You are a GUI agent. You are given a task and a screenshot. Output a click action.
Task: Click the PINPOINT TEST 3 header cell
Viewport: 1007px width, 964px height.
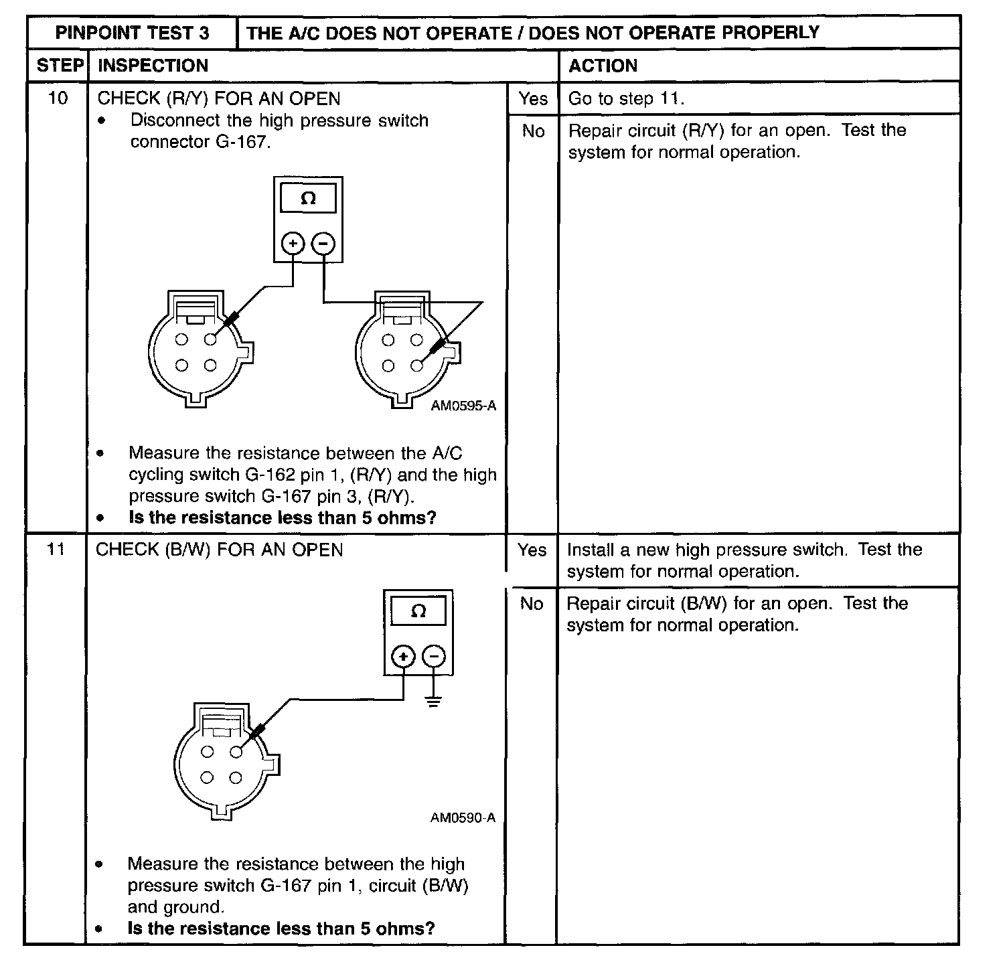click(x=132, y=33)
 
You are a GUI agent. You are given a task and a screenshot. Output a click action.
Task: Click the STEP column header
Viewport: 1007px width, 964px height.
click(x=60, y=66)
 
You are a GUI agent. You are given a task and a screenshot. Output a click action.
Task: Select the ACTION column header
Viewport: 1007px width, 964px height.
click(x=603, y=66)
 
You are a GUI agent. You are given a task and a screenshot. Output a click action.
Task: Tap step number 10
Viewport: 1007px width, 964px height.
click(x=58, y=98)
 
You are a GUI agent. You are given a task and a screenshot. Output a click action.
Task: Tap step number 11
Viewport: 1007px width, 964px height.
click(x=56, y=550)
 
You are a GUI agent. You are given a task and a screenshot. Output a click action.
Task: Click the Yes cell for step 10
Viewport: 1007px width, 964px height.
click(x=533, y=99)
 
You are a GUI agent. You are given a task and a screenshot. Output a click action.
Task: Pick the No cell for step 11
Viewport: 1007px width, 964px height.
click(x=532, y=604)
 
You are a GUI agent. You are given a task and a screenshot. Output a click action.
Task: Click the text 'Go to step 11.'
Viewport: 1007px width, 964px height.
click(x=626, y=99)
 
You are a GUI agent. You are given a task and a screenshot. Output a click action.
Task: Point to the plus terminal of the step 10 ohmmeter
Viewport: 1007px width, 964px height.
click(x=293, y=244)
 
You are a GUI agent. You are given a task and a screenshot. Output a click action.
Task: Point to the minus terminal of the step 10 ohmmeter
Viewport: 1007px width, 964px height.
click(x=323, y=244)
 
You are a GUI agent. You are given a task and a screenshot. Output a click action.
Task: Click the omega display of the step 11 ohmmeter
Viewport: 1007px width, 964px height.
click(x=418, y=611)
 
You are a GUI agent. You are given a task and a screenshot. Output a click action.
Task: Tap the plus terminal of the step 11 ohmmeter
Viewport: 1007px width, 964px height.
click(x=403, y=657)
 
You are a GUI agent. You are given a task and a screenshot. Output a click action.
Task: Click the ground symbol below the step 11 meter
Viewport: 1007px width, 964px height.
click(x=434, y=702)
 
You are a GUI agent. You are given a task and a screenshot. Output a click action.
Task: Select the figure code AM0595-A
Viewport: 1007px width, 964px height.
click(x=463, y=406)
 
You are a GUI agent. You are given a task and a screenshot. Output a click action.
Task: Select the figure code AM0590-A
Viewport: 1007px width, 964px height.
click(x=463, y=817)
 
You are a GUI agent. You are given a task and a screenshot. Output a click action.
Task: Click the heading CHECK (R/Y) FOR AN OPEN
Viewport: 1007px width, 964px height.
click(x=219, y=99)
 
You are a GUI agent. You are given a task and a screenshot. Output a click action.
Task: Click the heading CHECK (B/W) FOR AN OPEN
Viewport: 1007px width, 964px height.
click(x=220, y=550)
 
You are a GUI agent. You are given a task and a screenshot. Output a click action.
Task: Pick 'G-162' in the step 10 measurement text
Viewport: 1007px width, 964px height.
click(x=269, y=475)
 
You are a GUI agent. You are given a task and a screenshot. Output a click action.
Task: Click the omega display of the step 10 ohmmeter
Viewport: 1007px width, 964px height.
click(x=309, y=199)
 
